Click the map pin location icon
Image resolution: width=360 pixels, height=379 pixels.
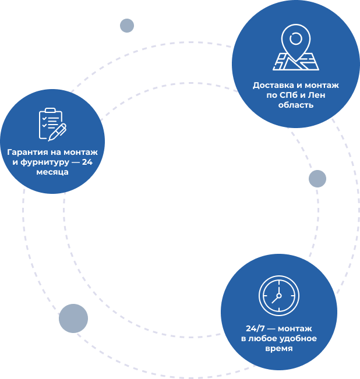pos(296,47)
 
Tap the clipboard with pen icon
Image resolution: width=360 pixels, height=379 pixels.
pos(52,125)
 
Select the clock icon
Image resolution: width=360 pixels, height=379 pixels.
pos(279,296)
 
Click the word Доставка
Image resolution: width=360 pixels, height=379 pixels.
pos(273,86)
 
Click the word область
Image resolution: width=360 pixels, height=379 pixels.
pos(296,105)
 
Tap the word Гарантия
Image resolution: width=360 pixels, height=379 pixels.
pos(27,153)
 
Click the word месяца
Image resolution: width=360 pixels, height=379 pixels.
pos(52,172)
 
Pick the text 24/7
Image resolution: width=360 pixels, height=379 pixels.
pos(255,329)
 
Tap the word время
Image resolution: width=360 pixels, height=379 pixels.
pos(279,349)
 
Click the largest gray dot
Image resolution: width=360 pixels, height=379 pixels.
pos(73,318)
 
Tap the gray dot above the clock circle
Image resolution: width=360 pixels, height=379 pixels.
pos(317,179)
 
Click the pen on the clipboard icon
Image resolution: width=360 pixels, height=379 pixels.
pos(57,132)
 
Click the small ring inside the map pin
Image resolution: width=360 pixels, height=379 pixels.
pos(296,38)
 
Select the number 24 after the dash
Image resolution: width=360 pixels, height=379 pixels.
pos(87,162)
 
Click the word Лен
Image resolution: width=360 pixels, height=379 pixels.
pos(316,95)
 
